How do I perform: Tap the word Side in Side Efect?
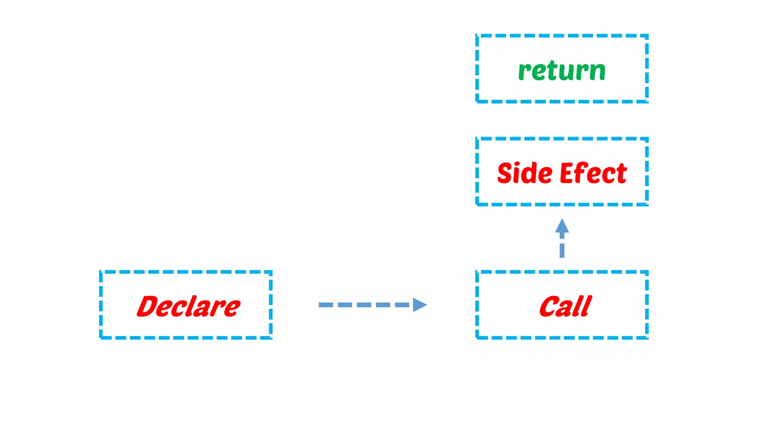[525, 173]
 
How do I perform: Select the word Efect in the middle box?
[593, 173]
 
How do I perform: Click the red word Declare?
[189, 306]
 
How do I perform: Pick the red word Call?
[565, 306]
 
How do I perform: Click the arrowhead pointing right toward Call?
[419, 305]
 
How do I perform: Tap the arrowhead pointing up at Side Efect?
[562, 226]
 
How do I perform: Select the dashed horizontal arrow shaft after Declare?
[365, 305]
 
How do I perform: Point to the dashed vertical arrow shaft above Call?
[562, 246]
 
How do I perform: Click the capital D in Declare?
[149, 306]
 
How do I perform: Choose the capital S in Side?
[506, 173]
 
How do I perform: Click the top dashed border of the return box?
[562, 36]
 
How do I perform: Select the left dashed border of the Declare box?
[101, 305]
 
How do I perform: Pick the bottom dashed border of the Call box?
[562, 337]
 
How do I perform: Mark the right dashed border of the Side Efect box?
[647, 171]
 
